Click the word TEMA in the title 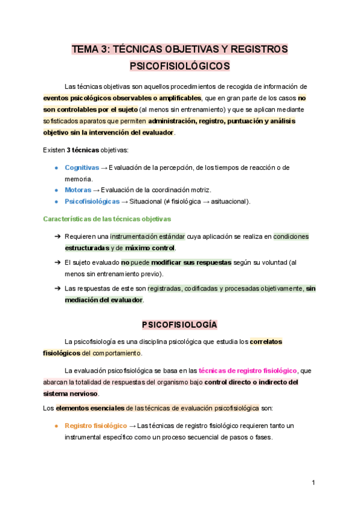[x=85, y=49]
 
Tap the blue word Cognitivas [x=82, y=167]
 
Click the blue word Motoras [x=78, y=190]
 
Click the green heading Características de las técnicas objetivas [x=107, y=219]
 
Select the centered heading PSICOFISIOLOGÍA [x=179, y=325]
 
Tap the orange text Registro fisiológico [x=96, y=426]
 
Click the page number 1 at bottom [x=313, y=483]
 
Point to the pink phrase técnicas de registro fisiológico [x=247, y=370]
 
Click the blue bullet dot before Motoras [x=56, y=190]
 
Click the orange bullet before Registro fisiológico [x=56, y=426]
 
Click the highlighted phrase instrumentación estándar [x=148, y=236]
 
